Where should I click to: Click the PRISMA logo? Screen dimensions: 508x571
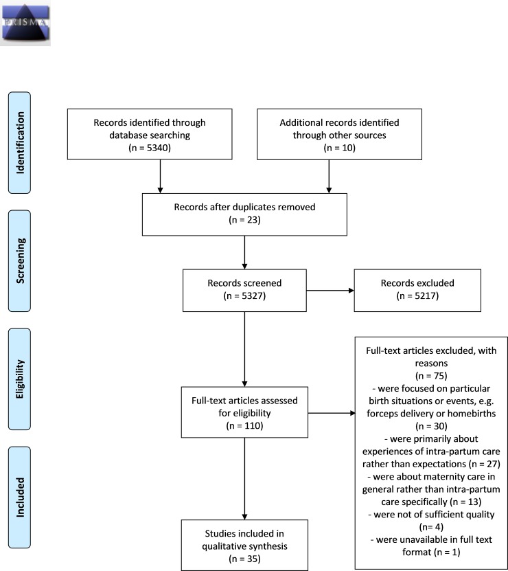pyautogui.click(x=25, y=23)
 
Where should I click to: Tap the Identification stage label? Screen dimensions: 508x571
pyautogui.click(x=20, y=143)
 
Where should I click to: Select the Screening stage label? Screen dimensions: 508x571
pyautogui.click(x=20, y=260)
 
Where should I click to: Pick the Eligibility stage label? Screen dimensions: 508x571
pyautogui.click(x=20, y=379)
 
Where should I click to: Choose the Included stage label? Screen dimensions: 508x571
pyautogui.click(x=20, y=497)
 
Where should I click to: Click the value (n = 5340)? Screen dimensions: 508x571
pyautogui.click(x=150, y=148)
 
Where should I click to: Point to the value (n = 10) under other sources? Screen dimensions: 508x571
pyautogui.click(x=340, y=148)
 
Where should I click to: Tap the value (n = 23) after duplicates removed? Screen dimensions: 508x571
pyautogui.click(x=244, y=220)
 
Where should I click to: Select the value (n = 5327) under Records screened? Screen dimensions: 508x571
pyautogui.click(x=244, y=295)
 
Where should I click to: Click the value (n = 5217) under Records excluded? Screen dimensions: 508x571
pyautogui.click(x=417, y=295)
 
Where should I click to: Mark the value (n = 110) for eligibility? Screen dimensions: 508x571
pyautogui.click(x=244, y=426)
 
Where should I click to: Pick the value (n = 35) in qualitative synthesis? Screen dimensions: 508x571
pyautogui.click(x=244, y=559)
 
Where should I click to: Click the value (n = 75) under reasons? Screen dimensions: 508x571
pyautogui.click(x=431, y=376)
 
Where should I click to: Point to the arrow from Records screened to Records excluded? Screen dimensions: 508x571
pyautogui.click(x=330, y=291)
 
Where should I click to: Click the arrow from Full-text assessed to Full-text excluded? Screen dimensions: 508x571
pyautogui.click(x=332, y=413)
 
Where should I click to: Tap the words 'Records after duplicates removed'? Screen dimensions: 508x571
pyautogui.click(x=244, y=208)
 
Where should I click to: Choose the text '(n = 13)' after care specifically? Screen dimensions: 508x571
pyautogui.click(x=465, y=502)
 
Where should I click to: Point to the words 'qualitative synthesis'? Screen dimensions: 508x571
pyautogui.click(x=244, y=546)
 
